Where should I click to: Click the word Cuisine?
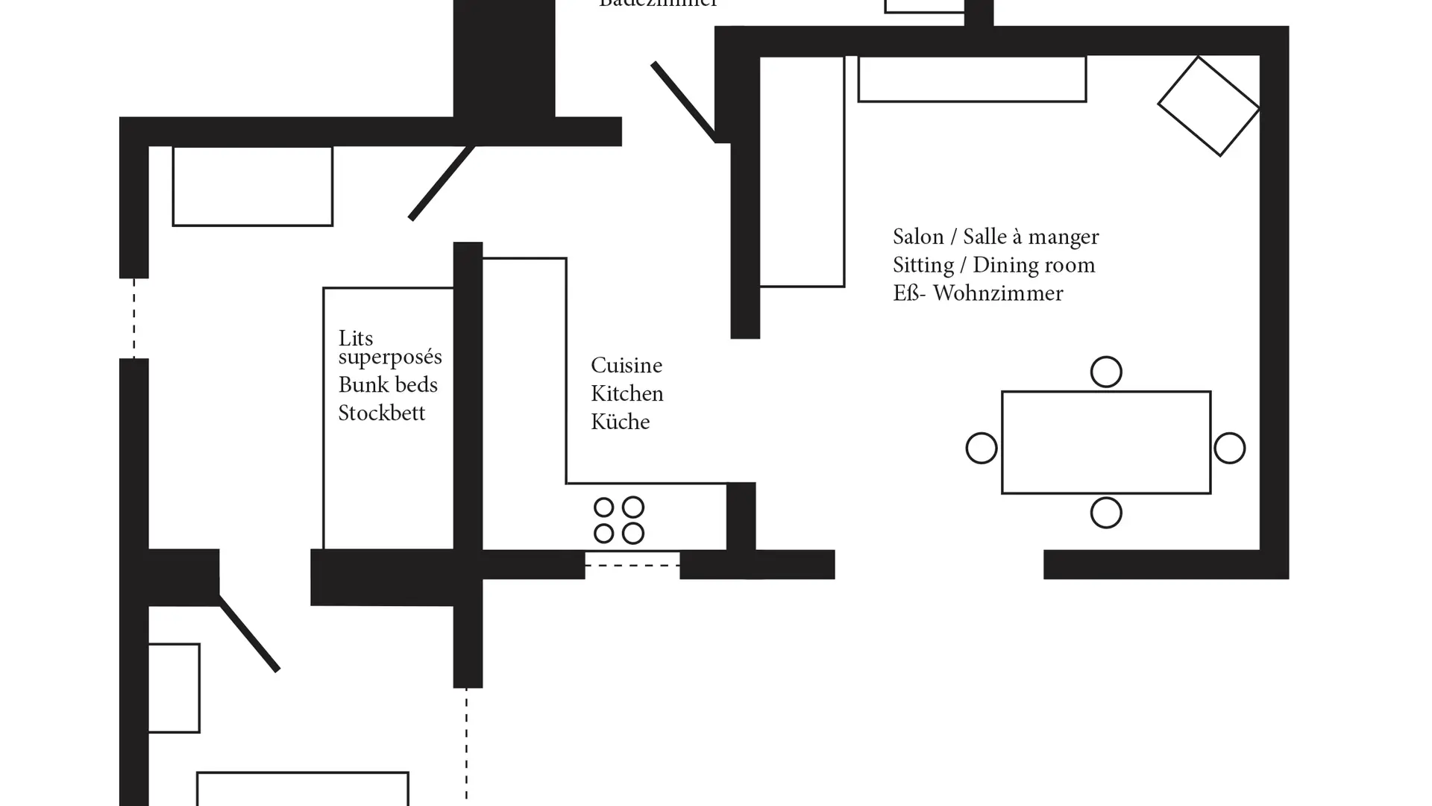(626, 366)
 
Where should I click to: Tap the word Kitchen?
(626, 394)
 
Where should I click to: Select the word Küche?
(620, 422)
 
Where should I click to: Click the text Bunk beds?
(388, 385)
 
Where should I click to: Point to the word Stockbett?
(381, 413)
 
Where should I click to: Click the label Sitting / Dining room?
(993, 266)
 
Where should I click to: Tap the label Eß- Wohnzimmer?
(978, 293)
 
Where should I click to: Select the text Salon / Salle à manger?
(996, 237)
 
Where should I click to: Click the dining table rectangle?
(1105, 442)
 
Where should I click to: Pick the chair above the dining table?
(1105, 372)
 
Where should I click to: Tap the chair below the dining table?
(1105, 513)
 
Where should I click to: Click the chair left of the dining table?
(981, 449)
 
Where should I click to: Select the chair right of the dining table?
(1229, 449)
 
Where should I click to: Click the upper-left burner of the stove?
(603, 507)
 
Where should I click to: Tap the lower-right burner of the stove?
(632, 534)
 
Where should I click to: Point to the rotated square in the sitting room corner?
(1208, 106)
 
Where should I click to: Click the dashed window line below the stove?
(632, 566)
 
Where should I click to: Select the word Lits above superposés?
(355, 338)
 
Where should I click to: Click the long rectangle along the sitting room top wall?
(971, 78)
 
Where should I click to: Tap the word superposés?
(390, 357)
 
